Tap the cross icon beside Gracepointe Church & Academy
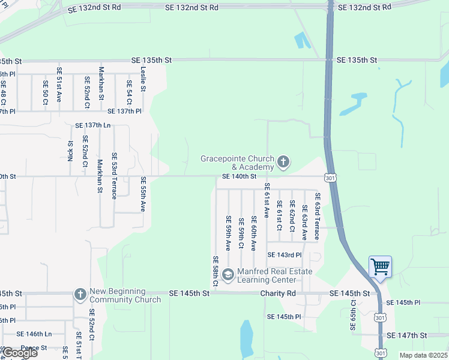pyautogui.click(x=283, y=162)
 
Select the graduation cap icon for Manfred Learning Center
pyautogui.click(x=228, y=275)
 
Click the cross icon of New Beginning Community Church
pyautogui.click(x=80, y=295)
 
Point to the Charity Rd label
pyautogui.click(x=278, y=293)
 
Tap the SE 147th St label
pyautogui.click(x=406, y=335)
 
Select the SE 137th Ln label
pyautogui.click(x=93, y=125)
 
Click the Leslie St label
pyautogui.click(x=143, y=79)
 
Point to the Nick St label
pyautogui.click(x=70, y=151)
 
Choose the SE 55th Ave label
pyautogui.click(x=143, y=194)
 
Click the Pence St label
pyautogui.click(x=34, y=348)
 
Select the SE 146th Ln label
pyautogui.click(x=34, y=334)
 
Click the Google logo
pyautogui.click(x=20, y=353)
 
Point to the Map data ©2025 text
pyautogui.click(x=423, y=355)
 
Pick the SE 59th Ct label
pyautogui.click(x=241, y=233)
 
